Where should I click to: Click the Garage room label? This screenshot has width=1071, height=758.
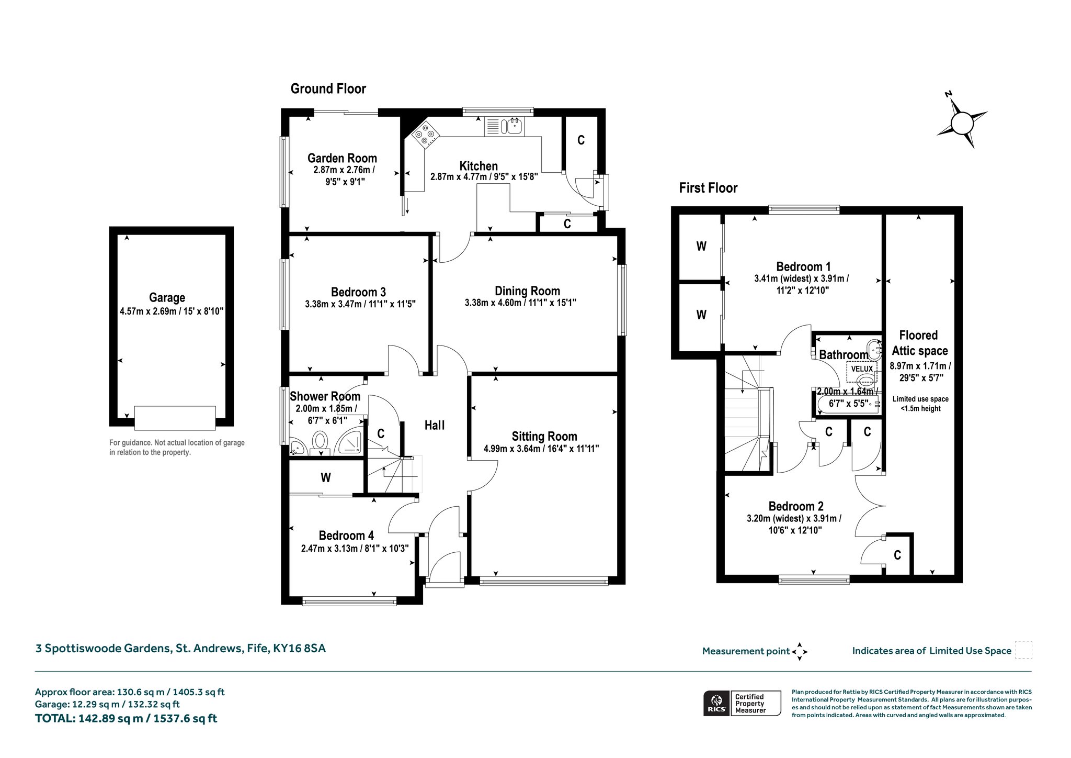point(167,297)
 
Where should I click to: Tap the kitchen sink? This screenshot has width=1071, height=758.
point(505,126)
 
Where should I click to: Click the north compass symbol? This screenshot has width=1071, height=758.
point(961,123)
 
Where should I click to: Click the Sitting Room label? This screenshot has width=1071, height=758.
point(544,436)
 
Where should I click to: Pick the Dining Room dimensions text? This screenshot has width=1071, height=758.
point(520,303)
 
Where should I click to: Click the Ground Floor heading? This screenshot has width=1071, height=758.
point(328,88)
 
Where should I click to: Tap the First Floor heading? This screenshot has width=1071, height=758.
point(708,188)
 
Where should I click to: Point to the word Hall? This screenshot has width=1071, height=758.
point(435,425)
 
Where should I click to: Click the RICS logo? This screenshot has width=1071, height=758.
point(716,703)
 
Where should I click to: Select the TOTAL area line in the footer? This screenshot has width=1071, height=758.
point(126,718)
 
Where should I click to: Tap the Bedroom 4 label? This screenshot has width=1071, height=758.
point(346,535)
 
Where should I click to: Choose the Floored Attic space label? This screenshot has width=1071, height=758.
point(919,343)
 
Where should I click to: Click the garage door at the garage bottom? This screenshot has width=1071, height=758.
point(175,418)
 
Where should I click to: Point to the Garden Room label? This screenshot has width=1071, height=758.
point(342,158)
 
